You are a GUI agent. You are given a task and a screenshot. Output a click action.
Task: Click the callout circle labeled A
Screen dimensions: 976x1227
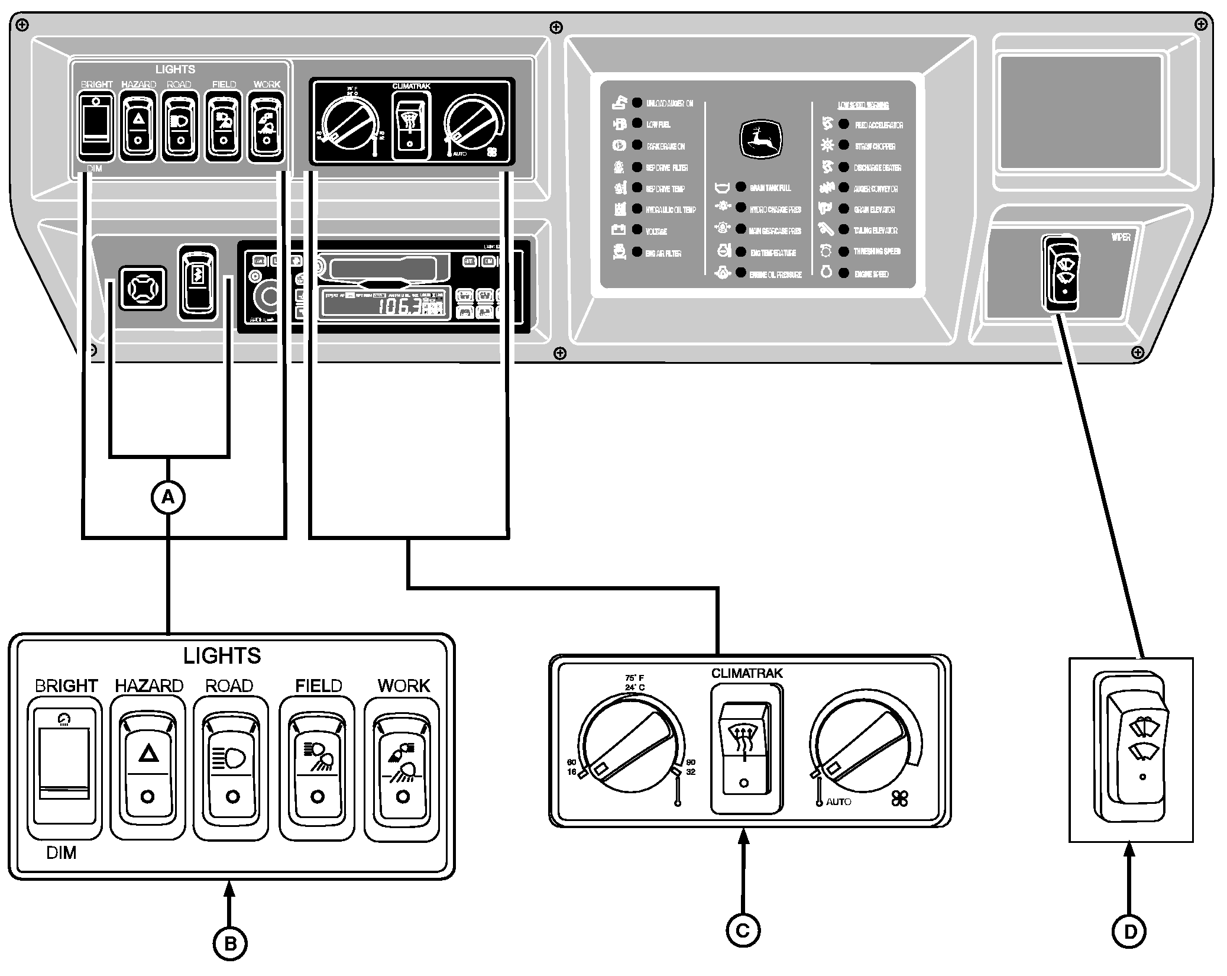point(169,497)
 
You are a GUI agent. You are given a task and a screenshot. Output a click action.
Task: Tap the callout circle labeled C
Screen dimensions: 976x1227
point(743,930)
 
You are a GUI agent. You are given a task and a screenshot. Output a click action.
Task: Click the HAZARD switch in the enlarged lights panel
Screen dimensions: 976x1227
point(148,767)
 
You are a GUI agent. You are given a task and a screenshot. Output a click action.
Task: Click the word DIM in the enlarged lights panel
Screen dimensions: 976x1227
point(61,853)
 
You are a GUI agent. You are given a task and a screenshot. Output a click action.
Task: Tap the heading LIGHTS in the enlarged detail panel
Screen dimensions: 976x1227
point(222,655)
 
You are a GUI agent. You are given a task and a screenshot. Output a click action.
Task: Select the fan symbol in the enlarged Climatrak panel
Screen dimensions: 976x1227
point(899,800)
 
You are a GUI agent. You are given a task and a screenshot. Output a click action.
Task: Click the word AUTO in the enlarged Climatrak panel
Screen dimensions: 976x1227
point(838,802)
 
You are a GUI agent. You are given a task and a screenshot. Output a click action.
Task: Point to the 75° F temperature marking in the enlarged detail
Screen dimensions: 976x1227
point(634,678)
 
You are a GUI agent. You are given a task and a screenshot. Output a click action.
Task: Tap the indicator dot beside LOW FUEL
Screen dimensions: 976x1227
point(637,124)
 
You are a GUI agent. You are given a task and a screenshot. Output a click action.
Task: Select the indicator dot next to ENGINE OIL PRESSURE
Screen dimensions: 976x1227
point(740,273)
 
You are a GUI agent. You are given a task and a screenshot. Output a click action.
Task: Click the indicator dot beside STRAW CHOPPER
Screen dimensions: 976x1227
point(844,146)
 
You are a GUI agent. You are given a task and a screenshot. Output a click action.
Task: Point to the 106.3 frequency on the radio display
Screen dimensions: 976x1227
point(400,306)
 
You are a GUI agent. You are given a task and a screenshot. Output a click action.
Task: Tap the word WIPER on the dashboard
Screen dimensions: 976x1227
point(1120,237)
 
